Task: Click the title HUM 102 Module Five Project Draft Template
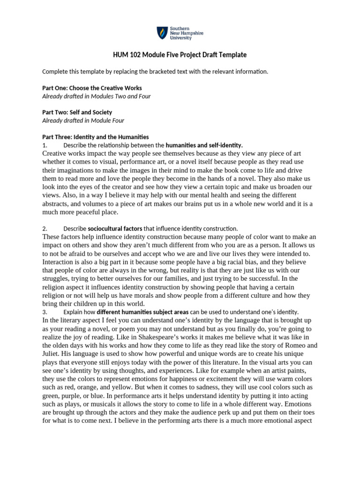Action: [180, 55]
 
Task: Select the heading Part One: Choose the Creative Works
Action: [92, 88]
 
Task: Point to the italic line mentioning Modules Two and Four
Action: [97, 96]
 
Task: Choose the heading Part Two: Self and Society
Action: [77, 112]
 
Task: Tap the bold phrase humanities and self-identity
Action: [204, 145]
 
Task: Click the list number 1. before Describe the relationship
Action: [45, 145]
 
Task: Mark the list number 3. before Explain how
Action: [45, 312]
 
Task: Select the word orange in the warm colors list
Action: [94, 387]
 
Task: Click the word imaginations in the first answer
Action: [78, 170]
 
